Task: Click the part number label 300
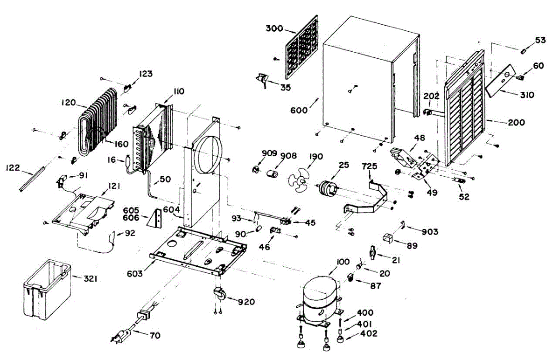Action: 274,29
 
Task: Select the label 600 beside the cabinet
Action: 299,111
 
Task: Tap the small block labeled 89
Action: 387,238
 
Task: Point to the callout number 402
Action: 369,334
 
